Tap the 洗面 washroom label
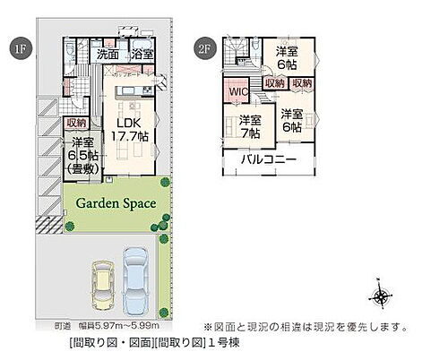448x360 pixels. (108, 55)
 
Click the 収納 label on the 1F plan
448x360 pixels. (76, 123)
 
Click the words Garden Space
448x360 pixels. (116, 203)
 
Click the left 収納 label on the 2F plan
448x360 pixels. (274, 84)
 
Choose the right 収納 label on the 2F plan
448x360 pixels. (302, 84)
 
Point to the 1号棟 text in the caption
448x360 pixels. (222, 343)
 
